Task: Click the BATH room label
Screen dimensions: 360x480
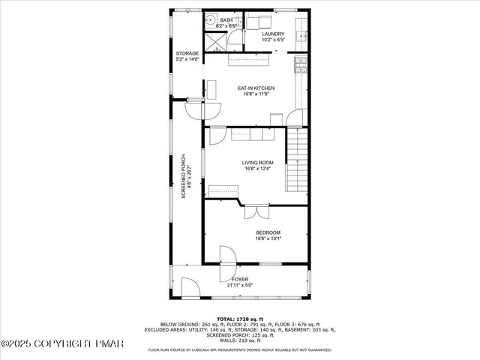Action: [x=226, y=20]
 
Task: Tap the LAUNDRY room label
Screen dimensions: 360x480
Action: [x=272, y=34]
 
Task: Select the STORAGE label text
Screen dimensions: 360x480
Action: [x=187, y=53]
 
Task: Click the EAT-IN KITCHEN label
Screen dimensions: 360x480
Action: [x=256, y=88]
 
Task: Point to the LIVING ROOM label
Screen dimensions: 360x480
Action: [x=256, y=163]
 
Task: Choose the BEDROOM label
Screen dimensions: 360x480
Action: [x=268, y=233]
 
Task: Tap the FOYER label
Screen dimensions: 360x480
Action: [x=239, y=279]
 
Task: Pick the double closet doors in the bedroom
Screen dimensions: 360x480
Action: [x=256, y=211]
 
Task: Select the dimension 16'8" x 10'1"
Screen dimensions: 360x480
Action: [x=268, y=239]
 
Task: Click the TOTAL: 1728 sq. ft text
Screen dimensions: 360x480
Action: [x=239, y=319]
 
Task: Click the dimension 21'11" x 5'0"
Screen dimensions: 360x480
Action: [x=239, y=284]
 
